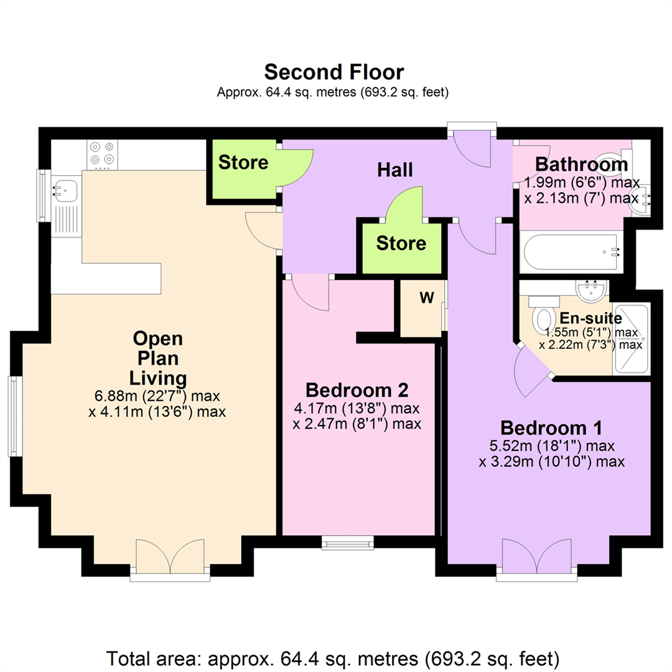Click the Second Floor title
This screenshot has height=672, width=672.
334,72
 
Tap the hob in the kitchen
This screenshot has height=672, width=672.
103,154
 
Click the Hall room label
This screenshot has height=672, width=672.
395,169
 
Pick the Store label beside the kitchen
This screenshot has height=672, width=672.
243,162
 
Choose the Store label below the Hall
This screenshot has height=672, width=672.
401,243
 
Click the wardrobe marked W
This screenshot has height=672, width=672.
426,298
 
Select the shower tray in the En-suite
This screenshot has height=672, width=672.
631,338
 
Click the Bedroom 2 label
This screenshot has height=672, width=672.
357,390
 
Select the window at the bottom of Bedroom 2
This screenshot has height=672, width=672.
348,543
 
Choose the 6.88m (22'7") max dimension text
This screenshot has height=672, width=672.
157,396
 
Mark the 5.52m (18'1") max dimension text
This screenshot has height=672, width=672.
551,446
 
